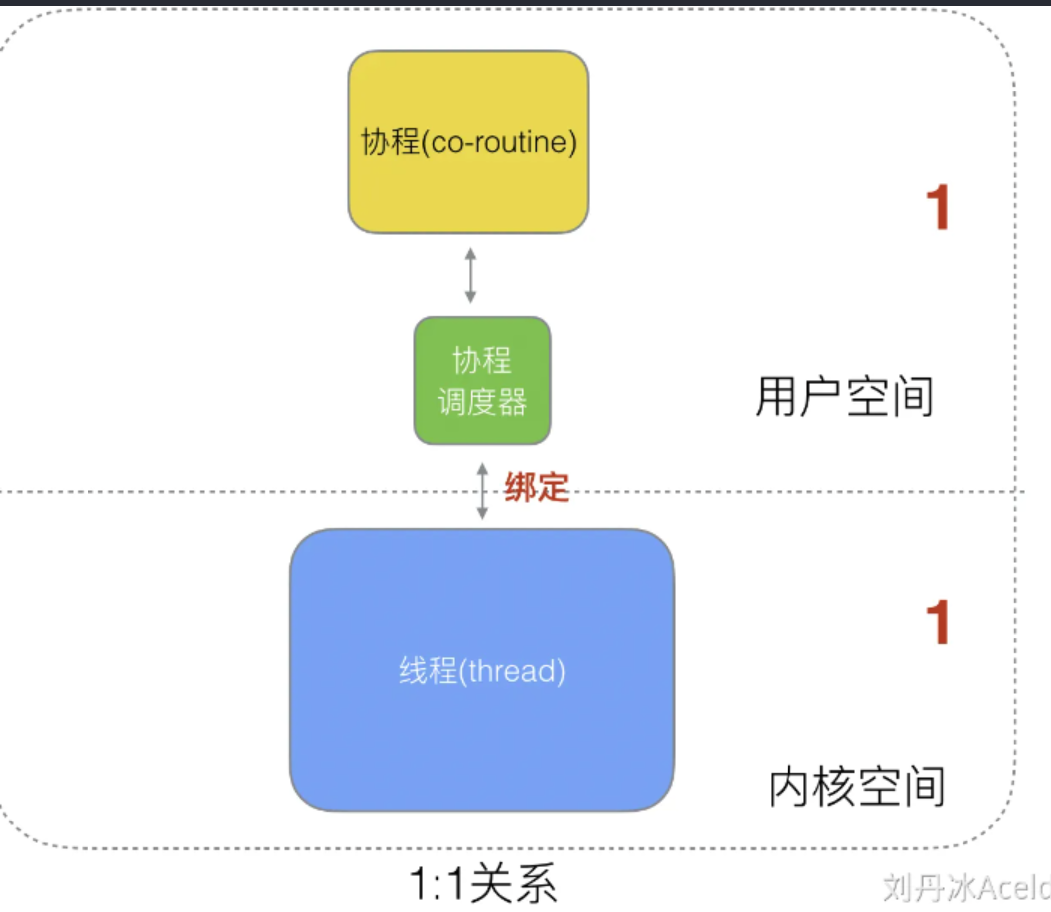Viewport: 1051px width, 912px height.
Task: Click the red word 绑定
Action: [x=536, y=487]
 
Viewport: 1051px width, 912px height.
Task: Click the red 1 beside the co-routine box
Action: [x=937, y=209]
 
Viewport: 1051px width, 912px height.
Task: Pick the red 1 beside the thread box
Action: [x=937, y=624]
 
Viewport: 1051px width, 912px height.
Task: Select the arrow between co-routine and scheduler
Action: [x=470, y=275]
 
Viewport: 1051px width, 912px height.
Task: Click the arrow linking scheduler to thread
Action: [x=482, y=489]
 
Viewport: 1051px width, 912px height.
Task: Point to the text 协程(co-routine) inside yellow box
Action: [x=468, y=142]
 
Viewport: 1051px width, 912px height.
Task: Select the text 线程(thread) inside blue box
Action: [x=482, y=671]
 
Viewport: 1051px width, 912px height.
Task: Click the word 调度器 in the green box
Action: [x=482, y=401]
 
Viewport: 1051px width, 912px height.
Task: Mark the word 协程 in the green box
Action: [x=482, y=360]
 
